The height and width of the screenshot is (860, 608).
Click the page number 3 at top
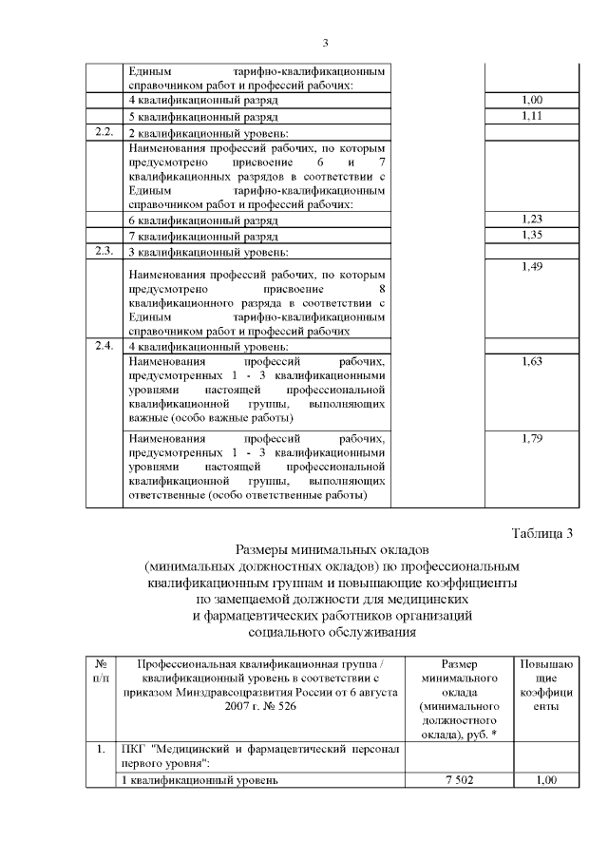pyautogui.click(x=325, y=43)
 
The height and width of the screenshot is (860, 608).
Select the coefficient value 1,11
pyautogui.click(x=532, y=115)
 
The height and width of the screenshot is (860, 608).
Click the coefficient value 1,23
pyautogui.click(x=532, y=219)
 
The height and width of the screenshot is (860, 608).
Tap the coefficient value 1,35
pyautogui.click(x=532, y=235)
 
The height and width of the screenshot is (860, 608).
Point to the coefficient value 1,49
pyautogui.click(x=532, y=267)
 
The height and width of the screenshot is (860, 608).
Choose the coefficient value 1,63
pyautogui.click(x=532, y=362)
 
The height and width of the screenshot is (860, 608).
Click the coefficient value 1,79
pyautogui.click(x=532, y=439)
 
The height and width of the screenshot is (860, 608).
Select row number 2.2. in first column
pyautogui.click(x=104, y=131)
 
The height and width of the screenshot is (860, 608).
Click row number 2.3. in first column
pyautogui.click(x=104, y=251)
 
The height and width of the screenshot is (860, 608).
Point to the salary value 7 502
pyautogui.click(x=459, y=780)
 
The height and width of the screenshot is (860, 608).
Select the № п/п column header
pyautogui.click(x=102, y=671)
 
